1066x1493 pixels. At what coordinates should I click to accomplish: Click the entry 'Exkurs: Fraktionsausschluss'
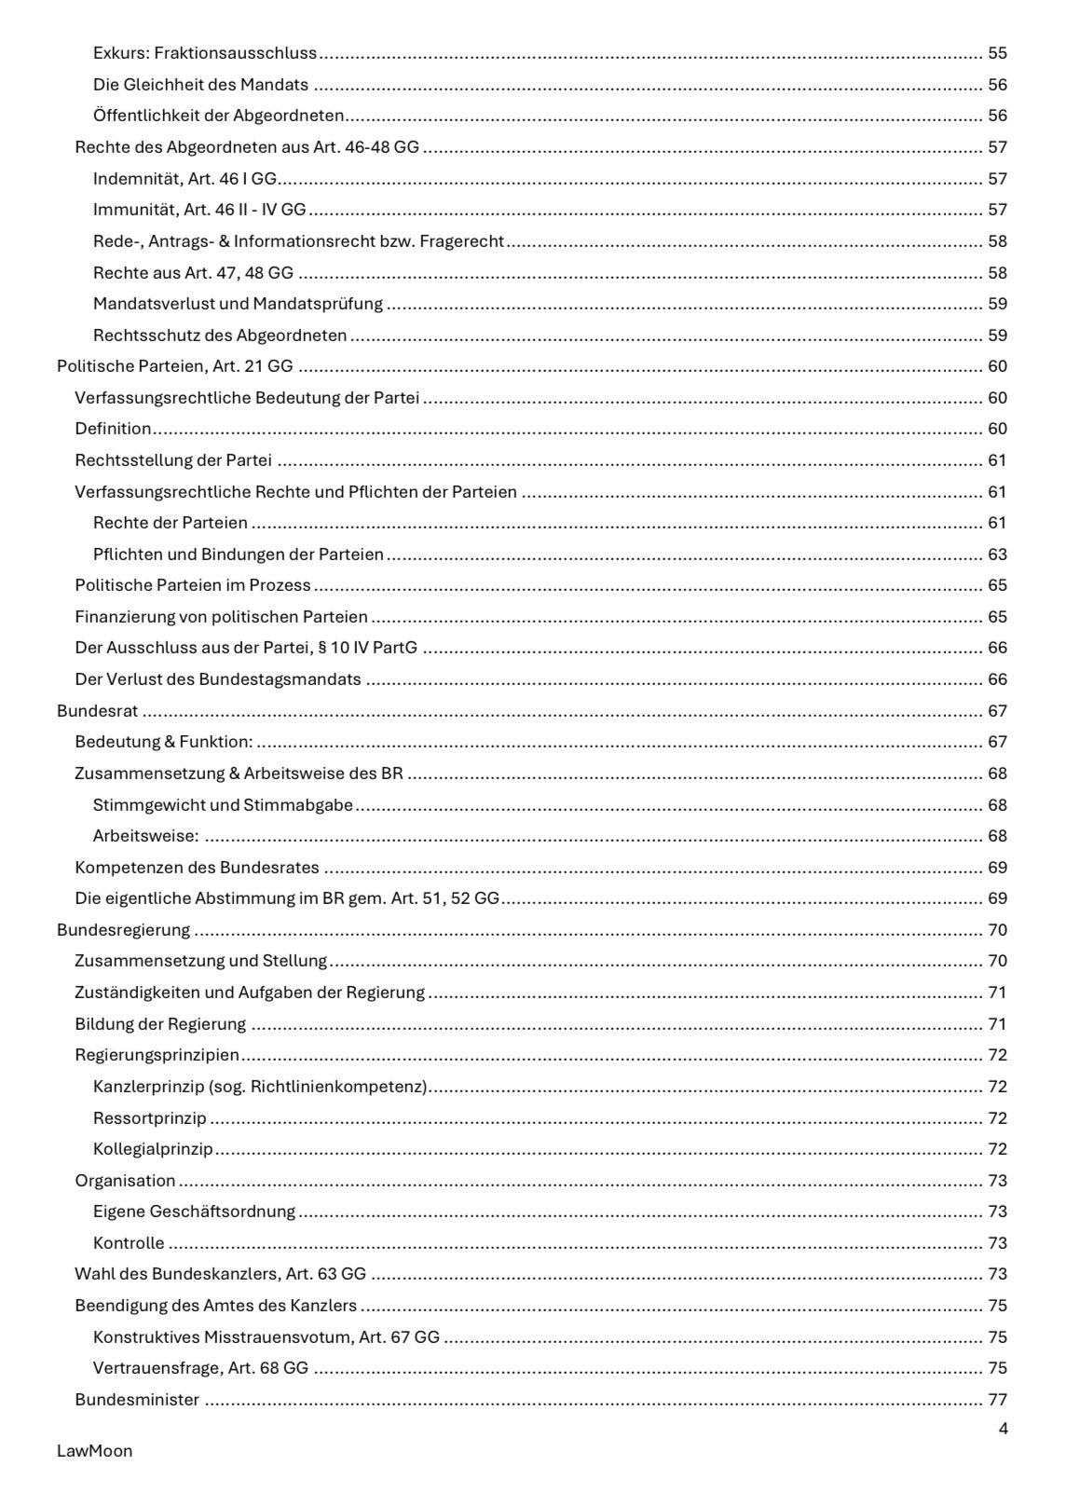pyautogui.click(x=205, y=53)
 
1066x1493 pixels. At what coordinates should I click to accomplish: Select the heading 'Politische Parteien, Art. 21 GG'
pyautogui.click(x=175, y=367)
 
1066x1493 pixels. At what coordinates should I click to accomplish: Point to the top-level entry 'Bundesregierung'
pyautogui.click(x=123, y=930)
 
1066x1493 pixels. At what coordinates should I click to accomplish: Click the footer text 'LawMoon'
pyautogui.click(x=95, y=1451)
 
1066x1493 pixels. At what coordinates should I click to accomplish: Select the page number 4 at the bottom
pyautogui.click(x=1003, y=1429)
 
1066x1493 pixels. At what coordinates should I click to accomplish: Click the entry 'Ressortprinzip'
pyautogui.click(x=150, y=1118)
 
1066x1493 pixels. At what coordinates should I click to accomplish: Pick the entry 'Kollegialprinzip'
pyautogui.click(x=153, y=1149)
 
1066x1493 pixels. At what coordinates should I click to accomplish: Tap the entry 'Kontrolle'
pyautogui.click(x=129, y=1243)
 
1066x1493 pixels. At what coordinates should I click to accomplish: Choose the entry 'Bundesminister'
pyautogui.click(x=137, y=1400)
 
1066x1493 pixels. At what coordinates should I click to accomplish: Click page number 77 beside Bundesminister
pyautogui.click(x=997, y=1400)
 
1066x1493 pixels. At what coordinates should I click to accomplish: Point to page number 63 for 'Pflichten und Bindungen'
pyautogui.click(x=997, y=555)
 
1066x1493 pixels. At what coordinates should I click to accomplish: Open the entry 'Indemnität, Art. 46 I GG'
pyautogui.click(x=184, y=179)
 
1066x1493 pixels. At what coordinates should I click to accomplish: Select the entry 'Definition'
pyautogui.click(x=113, y=430)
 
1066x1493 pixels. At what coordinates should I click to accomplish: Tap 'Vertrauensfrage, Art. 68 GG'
pyautogui.click(x=200, y=1369)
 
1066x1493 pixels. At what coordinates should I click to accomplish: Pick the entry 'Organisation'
pyautogui.click(x=125, y=1181)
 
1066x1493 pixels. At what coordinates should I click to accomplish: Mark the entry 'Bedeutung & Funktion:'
pyautogui.click(x=164, y=743)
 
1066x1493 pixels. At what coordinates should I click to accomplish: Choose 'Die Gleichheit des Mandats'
pyautogui.click(x=200, y=85)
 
